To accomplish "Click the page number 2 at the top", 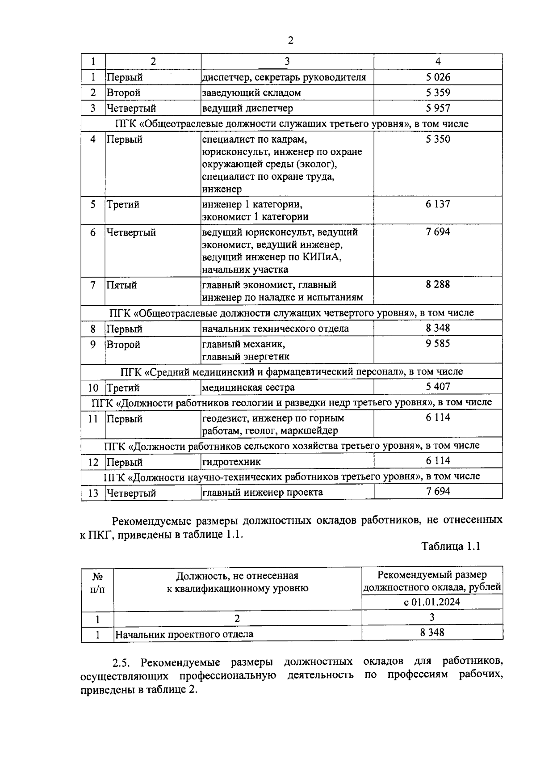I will [x=291, y=41].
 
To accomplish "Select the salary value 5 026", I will [x=438, y=77].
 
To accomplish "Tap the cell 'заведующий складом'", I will [x=251, y=93].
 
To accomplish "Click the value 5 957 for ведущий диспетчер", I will [x=438, y=108].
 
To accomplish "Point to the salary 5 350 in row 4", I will [x=438, y=139].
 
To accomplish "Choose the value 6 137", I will [x=438, y=204].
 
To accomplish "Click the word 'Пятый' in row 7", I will [x=121, y=285].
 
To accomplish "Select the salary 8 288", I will [x=438, y=284].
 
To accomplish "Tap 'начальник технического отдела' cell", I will [x=275, y=329].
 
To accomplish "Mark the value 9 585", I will [x=438, y=344].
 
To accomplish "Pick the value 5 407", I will [x=438, y=386].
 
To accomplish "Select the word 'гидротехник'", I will [x=231, y=462].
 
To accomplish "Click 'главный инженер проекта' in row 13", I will [x=263, y=493].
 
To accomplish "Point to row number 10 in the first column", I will [x=93, y=388].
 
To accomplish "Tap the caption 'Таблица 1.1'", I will [x=451, y=546].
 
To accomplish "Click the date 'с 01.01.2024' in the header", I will [x=432, y=602].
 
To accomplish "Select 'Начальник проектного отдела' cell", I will [x=184, y=634].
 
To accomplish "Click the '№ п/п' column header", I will [x=97, y=582].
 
